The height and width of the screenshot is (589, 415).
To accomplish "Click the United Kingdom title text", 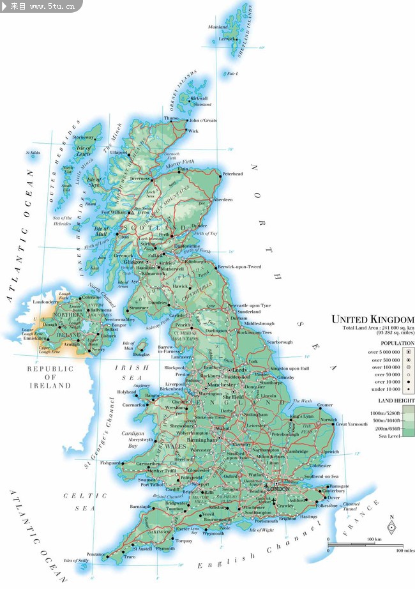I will point(372,319).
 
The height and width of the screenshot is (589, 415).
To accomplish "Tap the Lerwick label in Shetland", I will point(227,38).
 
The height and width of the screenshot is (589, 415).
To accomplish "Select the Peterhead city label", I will point(233,174).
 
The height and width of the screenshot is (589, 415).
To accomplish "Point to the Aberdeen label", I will point(223,200).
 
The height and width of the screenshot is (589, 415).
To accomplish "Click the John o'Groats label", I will point(202,120).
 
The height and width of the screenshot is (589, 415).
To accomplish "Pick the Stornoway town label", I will point(83,137).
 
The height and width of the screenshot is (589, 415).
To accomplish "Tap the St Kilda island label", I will point(33,153).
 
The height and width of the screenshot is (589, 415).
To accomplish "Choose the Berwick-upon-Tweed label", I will point(239,266).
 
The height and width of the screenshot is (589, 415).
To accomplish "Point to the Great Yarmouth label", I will point(352,424).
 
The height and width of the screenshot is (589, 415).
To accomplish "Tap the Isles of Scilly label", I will point(76,560).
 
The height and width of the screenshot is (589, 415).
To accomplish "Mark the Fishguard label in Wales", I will point(110,463).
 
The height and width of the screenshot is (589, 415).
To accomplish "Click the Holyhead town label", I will point(126,392).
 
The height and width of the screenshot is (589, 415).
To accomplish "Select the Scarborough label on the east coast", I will point(279,342).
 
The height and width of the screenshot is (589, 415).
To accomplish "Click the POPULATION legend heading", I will point(398,343).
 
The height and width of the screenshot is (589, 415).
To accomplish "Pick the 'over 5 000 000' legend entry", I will point(384,352).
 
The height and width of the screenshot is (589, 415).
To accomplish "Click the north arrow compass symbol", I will point(391,526).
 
